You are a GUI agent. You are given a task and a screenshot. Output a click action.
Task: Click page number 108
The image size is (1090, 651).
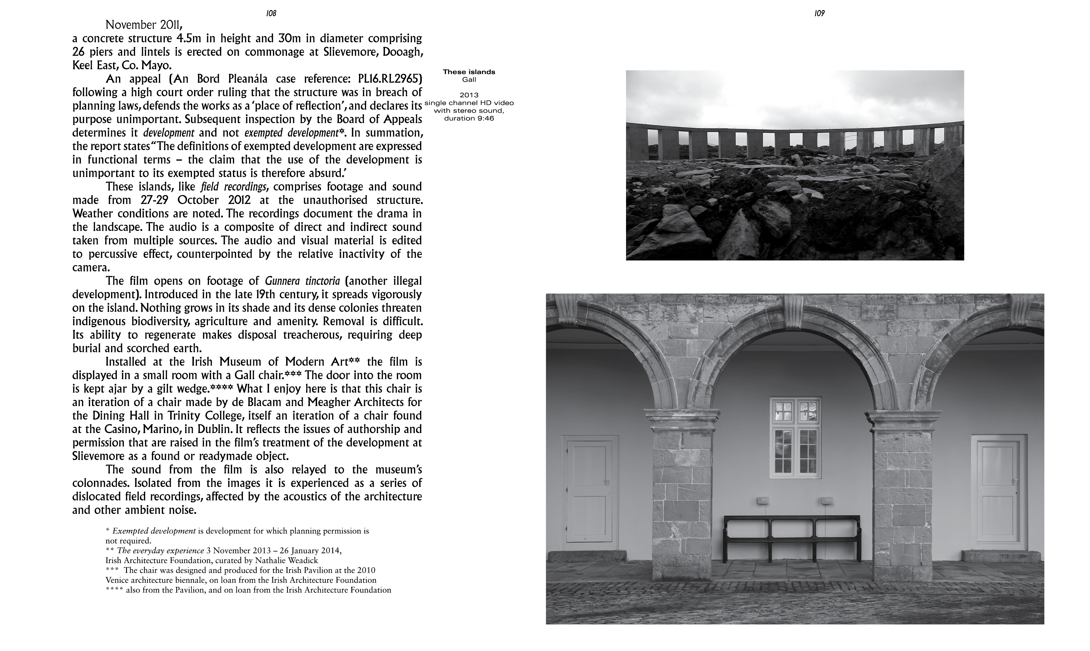tap(271, 13)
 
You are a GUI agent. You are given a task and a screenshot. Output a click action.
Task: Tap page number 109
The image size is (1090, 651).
tap(819, 13)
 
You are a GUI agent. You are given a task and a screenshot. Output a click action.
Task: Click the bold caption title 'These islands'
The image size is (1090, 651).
tap(469, 72)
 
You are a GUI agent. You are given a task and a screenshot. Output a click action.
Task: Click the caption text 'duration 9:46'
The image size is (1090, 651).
tap(469, 118)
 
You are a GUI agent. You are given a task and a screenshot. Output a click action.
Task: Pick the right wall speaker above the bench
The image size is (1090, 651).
tap(827, 500)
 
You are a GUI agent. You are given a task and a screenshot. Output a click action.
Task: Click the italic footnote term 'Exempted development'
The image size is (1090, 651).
tap(154, 531)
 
